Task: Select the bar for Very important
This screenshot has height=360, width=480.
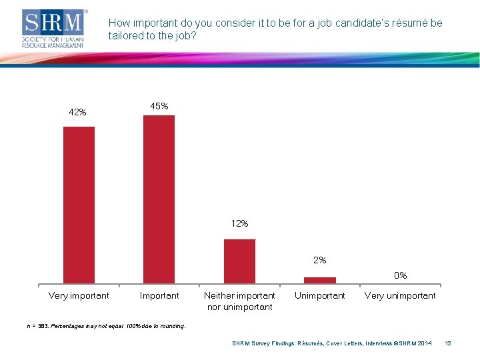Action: [x=79, y=205]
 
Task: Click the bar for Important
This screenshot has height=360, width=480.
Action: [x=159, y=199]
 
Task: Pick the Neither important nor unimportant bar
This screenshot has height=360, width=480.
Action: [x=239, y=261]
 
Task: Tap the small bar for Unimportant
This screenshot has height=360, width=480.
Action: [x=320, y=280]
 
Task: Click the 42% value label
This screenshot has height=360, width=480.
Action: [x=77, y=112]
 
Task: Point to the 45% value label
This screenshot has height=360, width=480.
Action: [x=159, y=106]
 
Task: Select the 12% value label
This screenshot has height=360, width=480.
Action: [x=239, y=223]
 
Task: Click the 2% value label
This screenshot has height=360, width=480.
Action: [x=320, y=260]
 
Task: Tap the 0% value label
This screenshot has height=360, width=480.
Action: [x=400, y=275]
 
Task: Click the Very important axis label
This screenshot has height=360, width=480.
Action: [x=79, y=295]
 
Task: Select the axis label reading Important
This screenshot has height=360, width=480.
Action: [x=159, y=295]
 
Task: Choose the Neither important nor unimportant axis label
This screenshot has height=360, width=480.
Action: [x=239, y=301]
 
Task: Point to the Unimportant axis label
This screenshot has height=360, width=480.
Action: [x=320, y=295]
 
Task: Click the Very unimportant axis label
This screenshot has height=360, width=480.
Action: [x=400, y=295]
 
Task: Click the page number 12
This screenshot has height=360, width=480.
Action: [x=448, y=343]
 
